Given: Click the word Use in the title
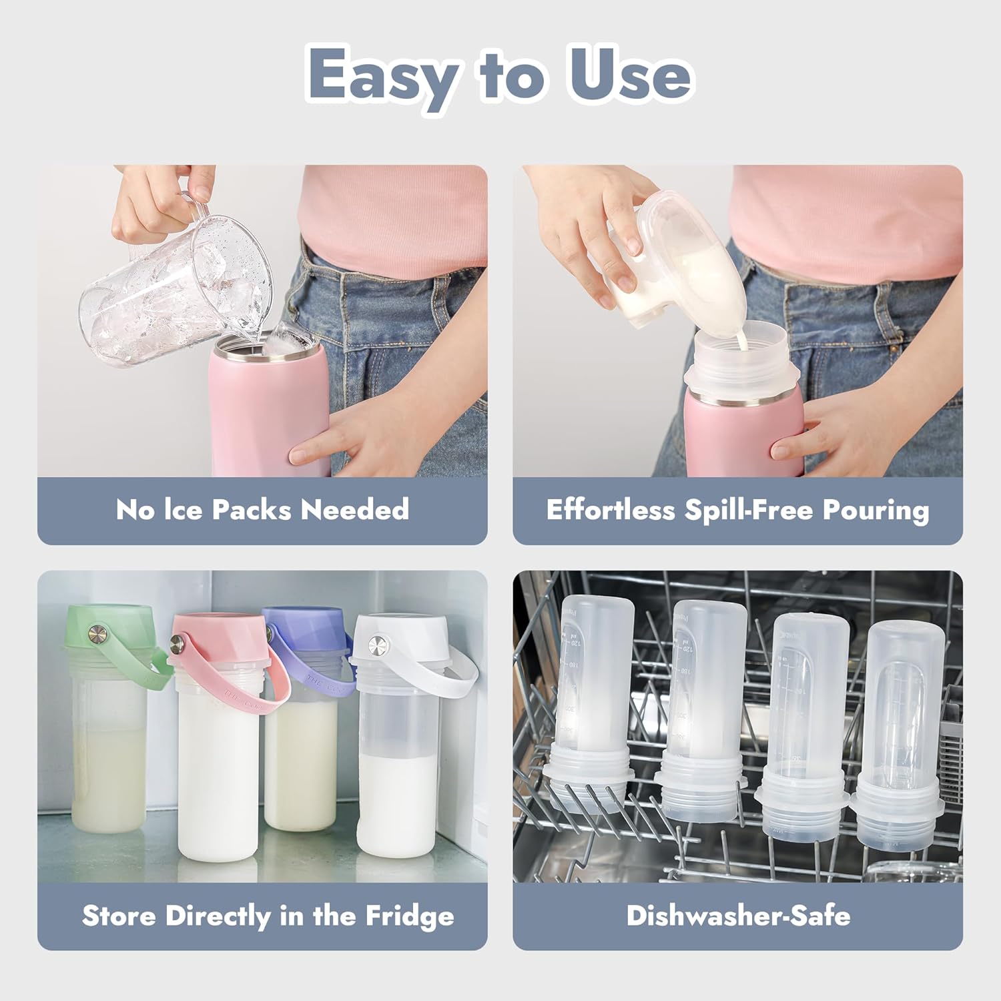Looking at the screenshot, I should click(x=629, y=75).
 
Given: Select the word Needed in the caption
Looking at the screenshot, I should click(x=354, y=510).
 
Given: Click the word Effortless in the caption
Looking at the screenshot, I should click(x=610, y=511).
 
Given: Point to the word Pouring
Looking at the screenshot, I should click(x=876, y=511).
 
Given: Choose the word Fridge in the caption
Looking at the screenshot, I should click(x=409, y=916).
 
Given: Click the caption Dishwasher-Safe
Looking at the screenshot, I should click(x=738, y=916).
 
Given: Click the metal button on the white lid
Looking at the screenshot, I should click(x=376, y=643).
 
